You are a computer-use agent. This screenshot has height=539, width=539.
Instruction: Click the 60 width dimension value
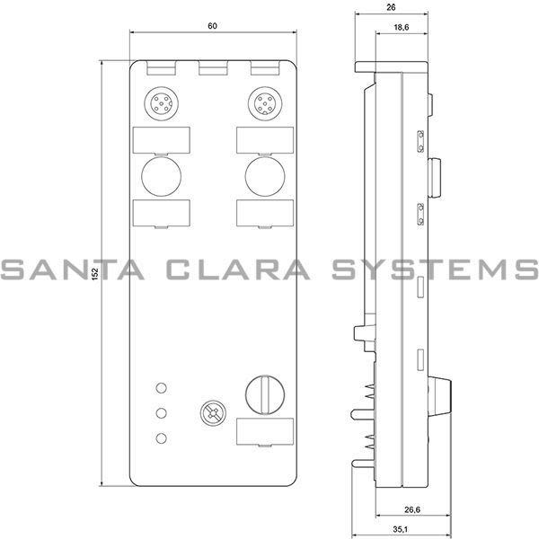212,26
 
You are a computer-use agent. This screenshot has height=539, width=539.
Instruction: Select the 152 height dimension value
95,274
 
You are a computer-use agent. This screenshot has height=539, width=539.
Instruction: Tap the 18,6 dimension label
402,27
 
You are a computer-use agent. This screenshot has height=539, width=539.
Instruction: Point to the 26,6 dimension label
412,509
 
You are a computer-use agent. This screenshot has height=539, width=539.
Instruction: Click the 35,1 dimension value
400,529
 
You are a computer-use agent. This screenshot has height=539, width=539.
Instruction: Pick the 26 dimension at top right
391,7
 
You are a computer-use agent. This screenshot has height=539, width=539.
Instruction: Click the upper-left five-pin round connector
161,103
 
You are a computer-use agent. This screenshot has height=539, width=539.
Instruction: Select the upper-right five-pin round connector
265,103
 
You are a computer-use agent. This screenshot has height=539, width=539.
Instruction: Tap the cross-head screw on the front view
214,412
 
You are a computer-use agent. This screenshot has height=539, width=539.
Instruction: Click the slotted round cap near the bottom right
265,394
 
